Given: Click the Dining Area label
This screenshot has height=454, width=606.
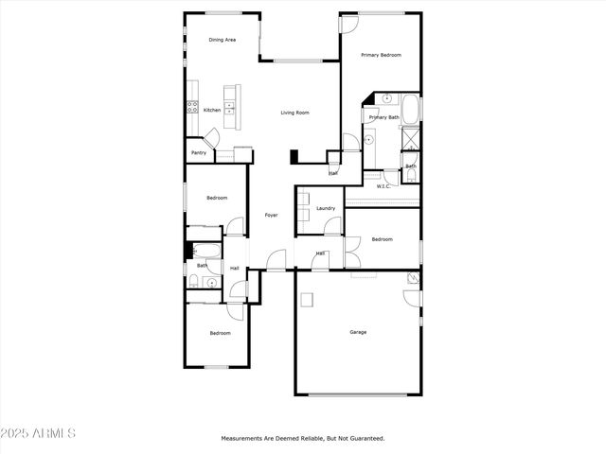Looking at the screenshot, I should tap(223, 40).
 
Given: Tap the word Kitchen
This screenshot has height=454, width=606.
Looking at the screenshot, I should tap(212, 110).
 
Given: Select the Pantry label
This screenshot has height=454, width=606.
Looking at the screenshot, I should tap(199, 152).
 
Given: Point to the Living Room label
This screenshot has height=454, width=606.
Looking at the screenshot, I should tap(294, 113).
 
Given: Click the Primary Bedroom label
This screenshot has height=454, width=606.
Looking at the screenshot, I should tap(382, 55).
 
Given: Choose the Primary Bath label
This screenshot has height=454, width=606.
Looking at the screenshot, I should tap(384, 117).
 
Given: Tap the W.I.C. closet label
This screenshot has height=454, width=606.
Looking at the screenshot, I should tap(383, 186).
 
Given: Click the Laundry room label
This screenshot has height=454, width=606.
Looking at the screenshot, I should tap(327, 208).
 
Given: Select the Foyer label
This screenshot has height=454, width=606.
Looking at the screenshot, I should tap(271, 215).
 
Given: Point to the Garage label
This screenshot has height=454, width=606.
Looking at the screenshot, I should tap(358, 332).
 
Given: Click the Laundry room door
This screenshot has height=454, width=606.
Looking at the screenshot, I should tap(331, 226).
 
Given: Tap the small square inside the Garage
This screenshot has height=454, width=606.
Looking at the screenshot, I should tap(307, 300).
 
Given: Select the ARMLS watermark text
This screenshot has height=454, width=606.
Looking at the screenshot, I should tap(38, 433).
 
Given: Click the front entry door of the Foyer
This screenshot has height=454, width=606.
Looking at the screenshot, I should tap(276, 259).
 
